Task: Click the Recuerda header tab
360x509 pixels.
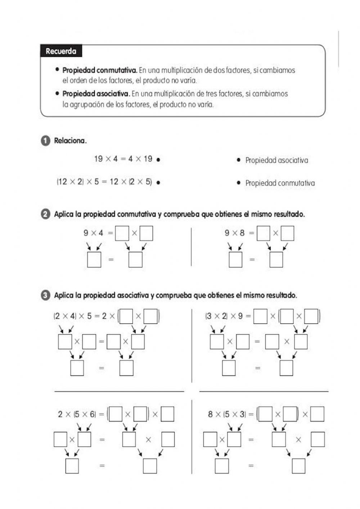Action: click(61, 51)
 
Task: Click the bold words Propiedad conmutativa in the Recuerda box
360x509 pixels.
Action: click(100, 70)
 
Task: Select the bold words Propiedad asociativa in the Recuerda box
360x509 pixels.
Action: click(96, 94)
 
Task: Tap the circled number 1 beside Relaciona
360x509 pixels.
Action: click(45, 141)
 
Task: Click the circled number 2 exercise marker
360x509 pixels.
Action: click(45, 214)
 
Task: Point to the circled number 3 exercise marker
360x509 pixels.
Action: click(45, 295)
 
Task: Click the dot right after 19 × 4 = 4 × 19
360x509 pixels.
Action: click(158, 160)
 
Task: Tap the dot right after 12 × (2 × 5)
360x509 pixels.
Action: click(158, 182)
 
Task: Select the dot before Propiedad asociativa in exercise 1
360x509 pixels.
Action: click(238, 160)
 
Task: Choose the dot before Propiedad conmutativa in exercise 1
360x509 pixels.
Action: click(238, 183)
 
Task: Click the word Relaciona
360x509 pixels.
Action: click(70, 141)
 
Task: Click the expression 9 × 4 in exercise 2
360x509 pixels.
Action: click(93, 233)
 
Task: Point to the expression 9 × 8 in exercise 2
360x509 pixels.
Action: click(234, 233)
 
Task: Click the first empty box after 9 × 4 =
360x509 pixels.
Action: click(122, 233)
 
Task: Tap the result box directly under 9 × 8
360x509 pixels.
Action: click(235, 260)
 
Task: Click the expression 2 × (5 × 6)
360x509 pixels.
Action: click(77, 414)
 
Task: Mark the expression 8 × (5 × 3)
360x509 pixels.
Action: click(227, 414)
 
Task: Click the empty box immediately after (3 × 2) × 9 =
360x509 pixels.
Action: click(260, 316)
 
